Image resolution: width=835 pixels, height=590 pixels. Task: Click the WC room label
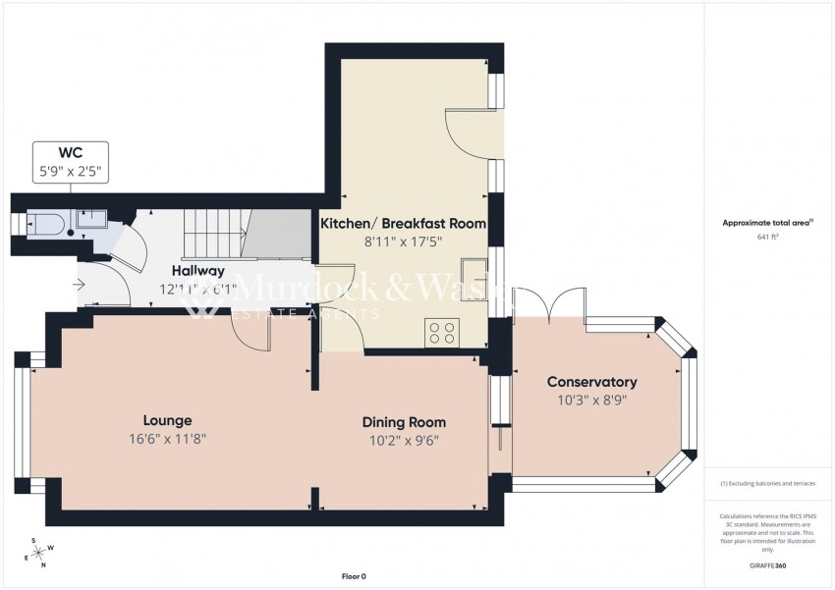pyautogui.click(x=70, y=152)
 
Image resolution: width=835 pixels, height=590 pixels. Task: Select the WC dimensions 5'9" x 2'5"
pyautogui.click(x=70, y=170)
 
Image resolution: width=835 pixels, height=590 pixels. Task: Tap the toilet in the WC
pyautogui.click(x=48, y=226)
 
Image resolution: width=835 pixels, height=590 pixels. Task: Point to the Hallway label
pyautogui.click(x=197, y=271)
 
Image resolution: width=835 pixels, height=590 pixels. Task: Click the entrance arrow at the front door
pyautogui.click(x=78, y=286)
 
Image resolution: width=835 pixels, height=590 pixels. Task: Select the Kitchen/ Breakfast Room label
pyautogui.click(x=404, y=224)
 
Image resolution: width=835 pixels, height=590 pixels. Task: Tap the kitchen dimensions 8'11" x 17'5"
pyautogui.click(x=404, y=241)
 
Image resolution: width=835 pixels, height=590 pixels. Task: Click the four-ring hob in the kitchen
pyautogui.click(x=441, y=332)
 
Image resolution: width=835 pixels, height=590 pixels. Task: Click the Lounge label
pyautogui.click(x=167, y=420)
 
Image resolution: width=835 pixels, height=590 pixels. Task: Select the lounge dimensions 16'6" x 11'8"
pyautogui.click(x=167, y=439)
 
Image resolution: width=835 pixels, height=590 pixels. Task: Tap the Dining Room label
pyautogui.click(x=398, y=422)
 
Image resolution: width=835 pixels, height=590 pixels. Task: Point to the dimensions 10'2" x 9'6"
pyautogui.click(x=398, y=441)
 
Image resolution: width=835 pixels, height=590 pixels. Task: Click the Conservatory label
pyautogui.click(x=591, y=382)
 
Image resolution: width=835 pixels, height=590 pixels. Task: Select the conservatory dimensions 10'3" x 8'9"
pyautogui.click(x=591, y=401)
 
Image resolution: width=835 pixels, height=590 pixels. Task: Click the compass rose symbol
pyautogui.click(x=39, y=555)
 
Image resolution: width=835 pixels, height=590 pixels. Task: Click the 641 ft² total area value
pyautogui.click(x=767, y=237)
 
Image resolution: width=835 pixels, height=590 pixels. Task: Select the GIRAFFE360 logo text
pyautogui.click(x=767, y=565)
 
